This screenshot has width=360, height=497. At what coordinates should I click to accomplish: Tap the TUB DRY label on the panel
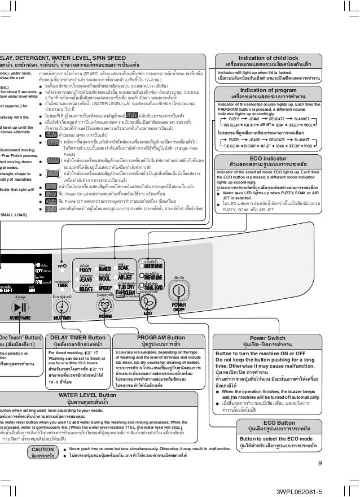(x=126, y=287)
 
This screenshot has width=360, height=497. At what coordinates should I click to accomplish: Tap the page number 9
(x=319, y=464)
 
